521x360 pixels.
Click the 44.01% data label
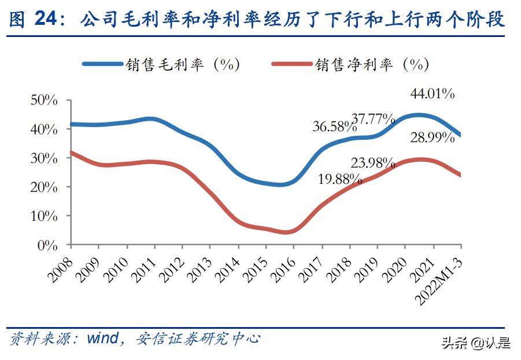(x=432, y=93)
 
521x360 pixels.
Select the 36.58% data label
(x=334, y=126)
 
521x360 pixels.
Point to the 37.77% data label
(x=373, y=119)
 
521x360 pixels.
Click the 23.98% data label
(x=373, y=162)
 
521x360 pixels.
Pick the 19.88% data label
(x=340, y=179)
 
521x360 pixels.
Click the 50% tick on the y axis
(x=44, y=101)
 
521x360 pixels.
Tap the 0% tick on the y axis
(x=47, y=245)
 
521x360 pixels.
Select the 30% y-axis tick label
(x=44, y=158)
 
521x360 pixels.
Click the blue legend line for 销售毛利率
(x=104, y=64)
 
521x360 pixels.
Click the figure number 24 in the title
(x=46, y=20)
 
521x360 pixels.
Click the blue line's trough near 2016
(x=282, y=184)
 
